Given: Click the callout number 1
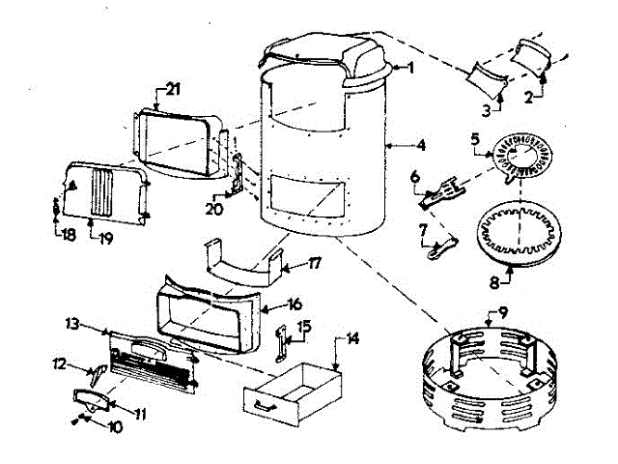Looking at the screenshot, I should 410,68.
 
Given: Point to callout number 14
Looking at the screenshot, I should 352,339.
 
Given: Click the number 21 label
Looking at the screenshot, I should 173,89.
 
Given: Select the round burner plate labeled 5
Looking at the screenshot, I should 526,159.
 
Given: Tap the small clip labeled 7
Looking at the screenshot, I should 441,244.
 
